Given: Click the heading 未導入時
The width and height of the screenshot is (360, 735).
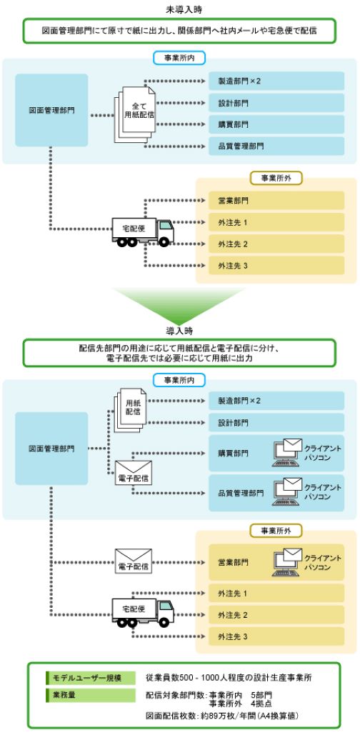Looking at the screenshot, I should [x=179, y=9].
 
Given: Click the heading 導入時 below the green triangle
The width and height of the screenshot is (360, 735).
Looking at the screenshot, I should [x=179, y=331].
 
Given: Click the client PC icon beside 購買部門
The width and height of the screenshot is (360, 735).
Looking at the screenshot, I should [x=289, y=452].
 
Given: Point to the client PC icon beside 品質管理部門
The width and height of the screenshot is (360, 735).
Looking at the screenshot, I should [x=289, y=491].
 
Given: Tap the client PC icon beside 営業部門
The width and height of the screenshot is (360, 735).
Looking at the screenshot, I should [x=289, y=561].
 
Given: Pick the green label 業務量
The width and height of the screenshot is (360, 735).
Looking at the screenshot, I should [x=89, y=694].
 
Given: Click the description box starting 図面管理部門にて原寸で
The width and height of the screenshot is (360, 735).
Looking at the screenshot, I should [x=179, y=31].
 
